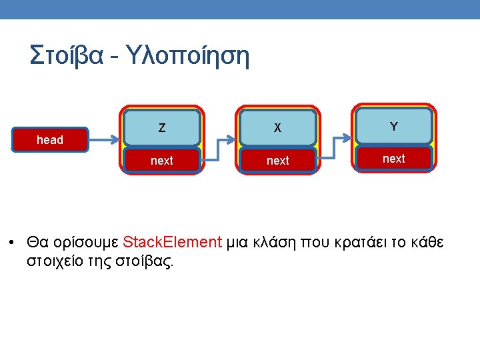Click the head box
[x=50, y=140]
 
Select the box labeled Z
[x=162, y=127]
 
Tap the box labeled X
[x=278, y=127]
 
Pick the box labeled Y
[x=394, y=126]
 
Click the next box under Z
[x=162, y=161]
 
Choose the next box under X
[x=278, y=161]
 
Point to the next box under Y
[x=394, y=159]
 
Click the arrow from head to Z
[x=104, y=141]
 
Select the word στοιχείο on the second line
[x=57, y=261]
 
